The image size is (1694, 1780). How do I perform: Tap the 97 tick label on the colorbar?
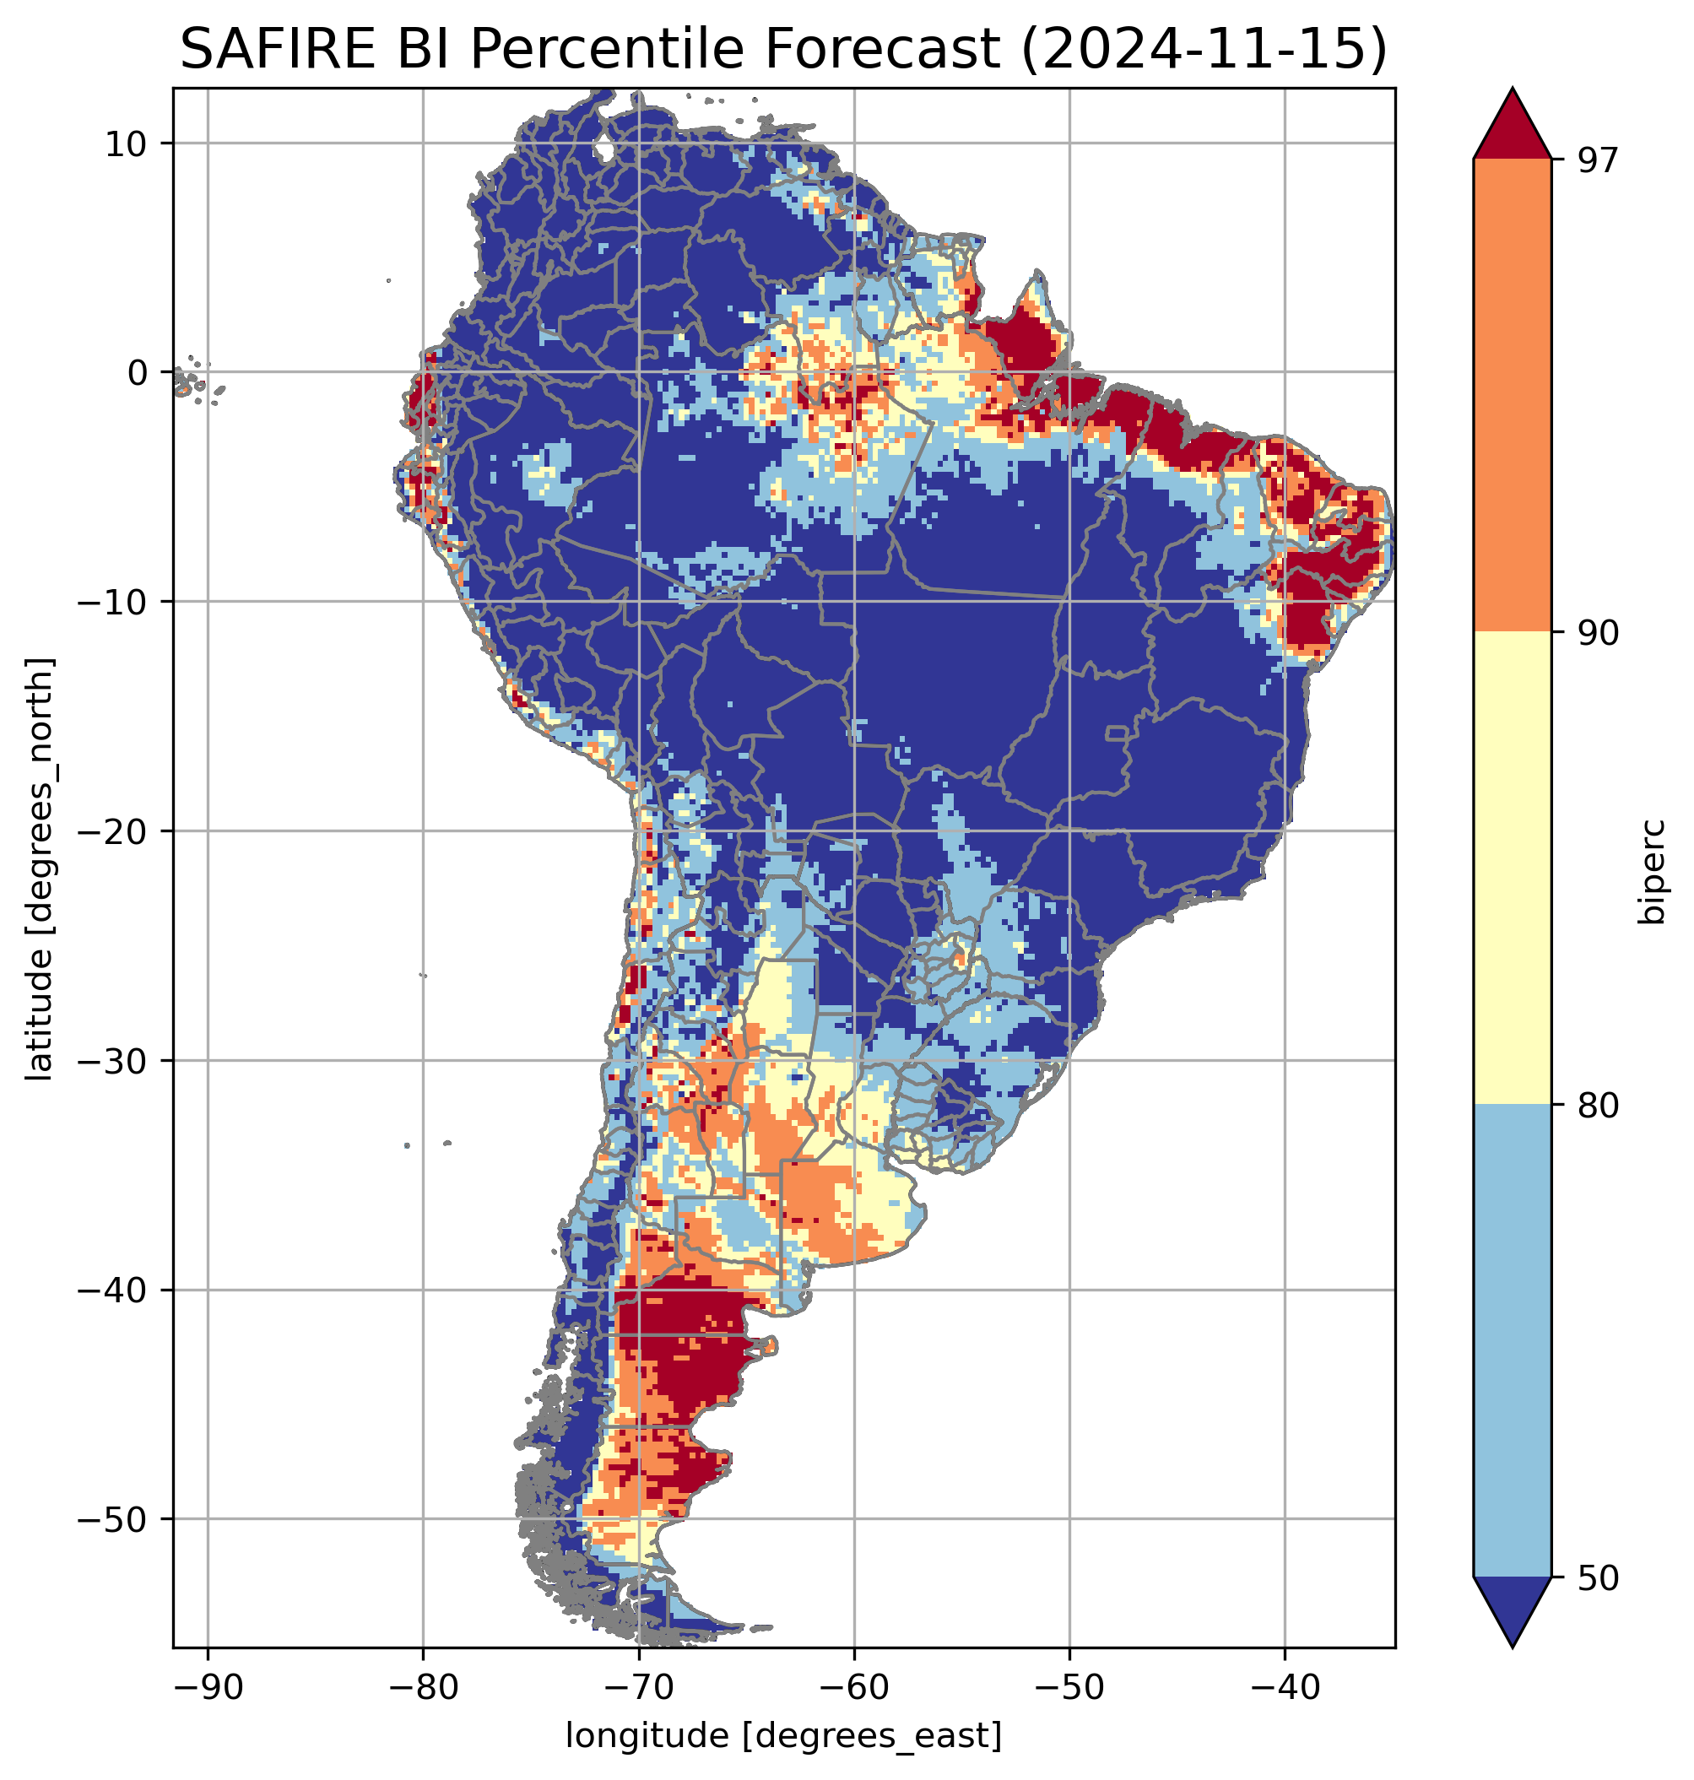point(1596,160)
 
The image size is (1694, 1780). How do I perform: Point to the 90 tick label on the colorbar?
point(1596,632)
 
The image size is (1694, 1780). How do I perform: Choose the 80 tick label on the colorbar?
point(1596,1106)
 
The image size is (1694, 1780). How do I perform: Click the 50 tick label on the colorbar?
point(1596,1578)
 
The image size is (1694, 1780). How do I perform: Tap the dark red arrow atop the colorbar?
point(1512,127)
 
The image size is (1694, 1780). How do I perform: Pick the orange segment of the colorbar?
point(1512,396)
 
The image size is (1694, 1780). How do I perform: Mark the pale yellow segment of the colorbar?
point(1512,868)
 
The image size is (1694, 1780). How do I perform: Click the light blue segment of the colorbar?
point(1512,1341)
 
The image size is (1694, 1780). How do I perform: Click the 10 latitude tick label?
point(127,143)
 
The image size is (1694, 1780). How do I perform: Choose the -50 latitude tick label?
point(113,1519)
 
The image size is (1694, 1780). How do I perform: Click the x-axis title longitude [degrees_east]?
point(784,1734)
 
